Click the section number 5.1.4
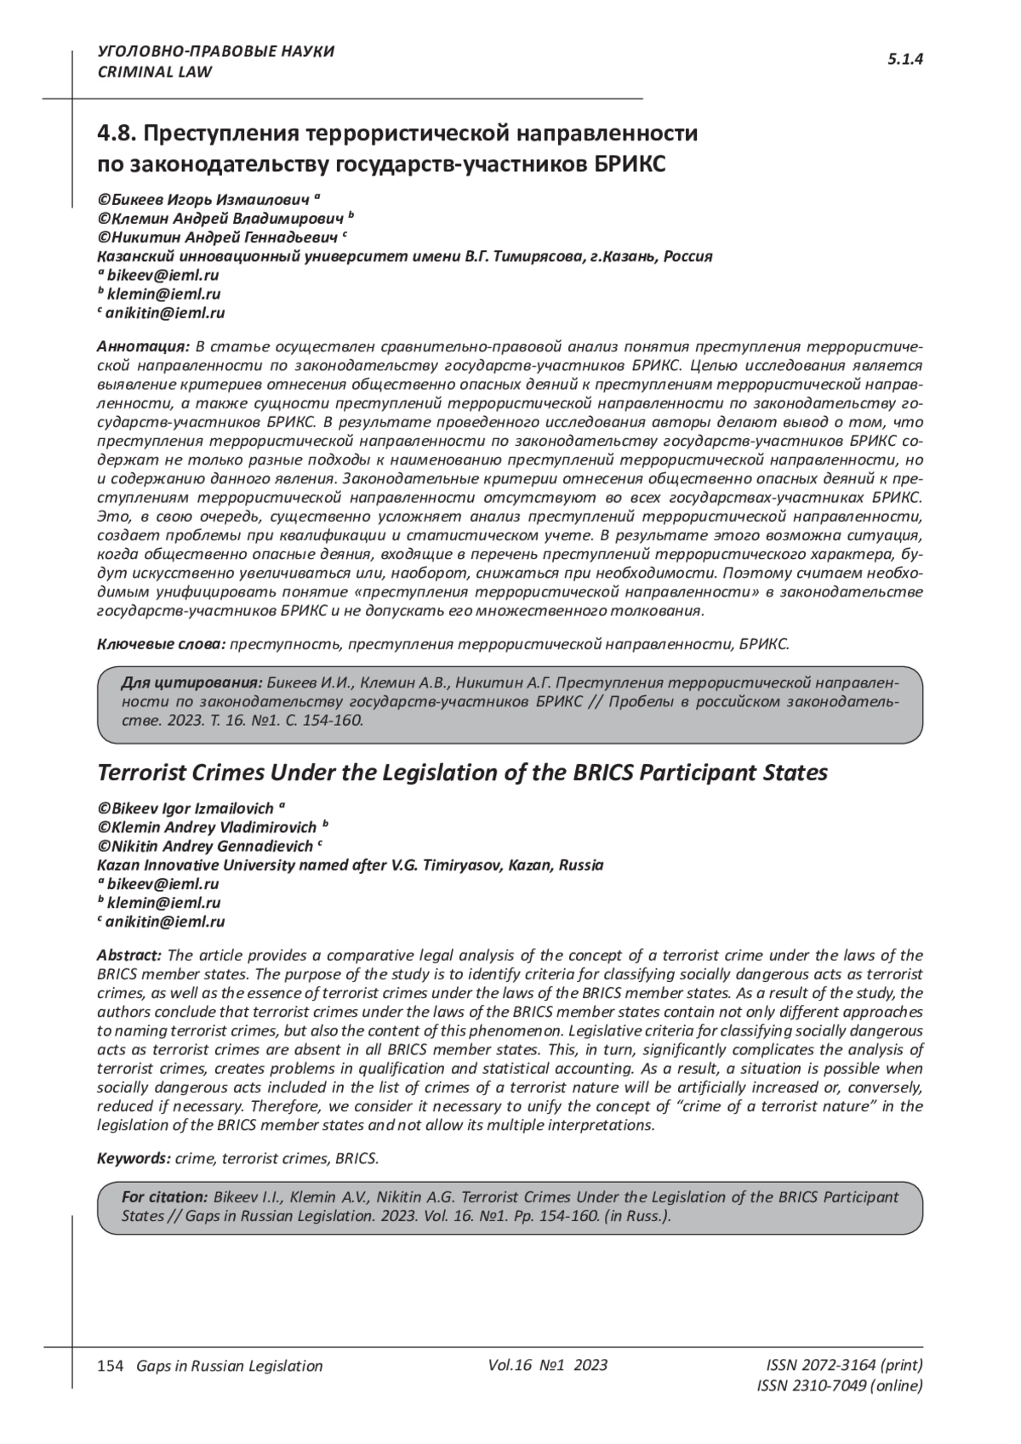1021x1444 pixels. pos(905,59)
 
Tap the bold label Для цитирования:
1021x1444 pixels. pos(191,682)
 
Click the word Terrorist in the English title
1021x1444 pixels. pos(140,773)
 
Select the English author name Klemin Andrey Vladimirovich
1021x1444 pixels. pos(214,827)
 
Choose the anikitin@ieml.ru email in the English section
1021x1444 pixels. pos(165,922)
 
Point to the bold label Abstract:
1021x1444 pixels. pos(128,956)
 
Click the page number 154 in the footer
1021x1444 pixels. pos(111,1366)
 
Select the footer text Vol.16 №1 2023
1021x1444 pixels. pos(548,1365)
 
